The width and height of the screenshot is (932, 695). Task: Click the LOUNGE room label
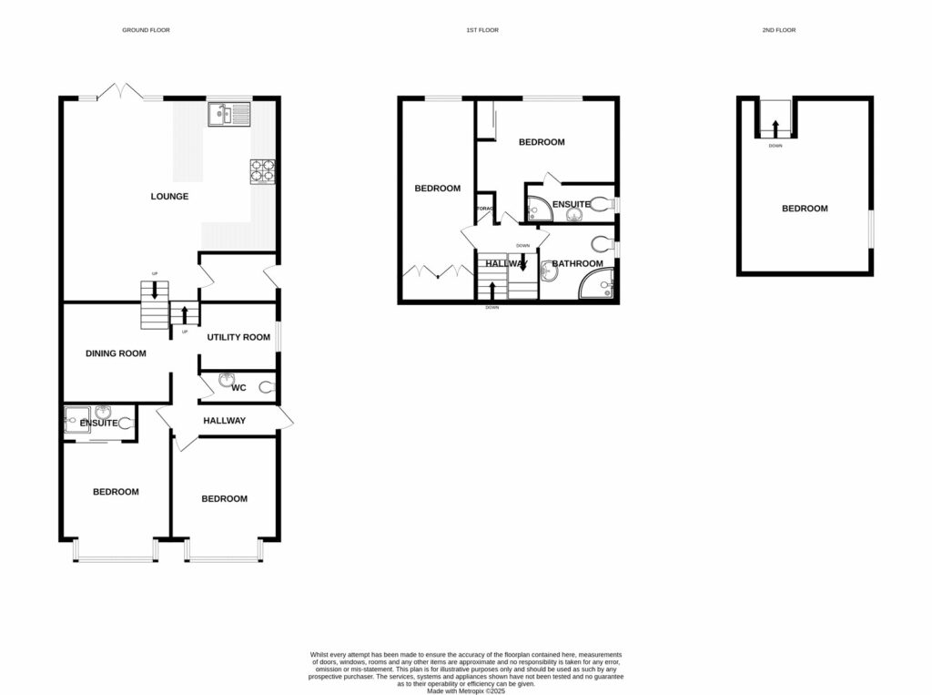point(170,196)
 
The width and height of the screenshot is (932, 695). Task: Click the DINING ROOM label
point(116,353)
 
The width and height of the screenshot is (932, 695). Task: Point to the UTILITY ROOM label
point(238,337)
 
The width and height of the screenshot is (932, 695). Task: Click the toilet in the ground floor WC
point(266,387)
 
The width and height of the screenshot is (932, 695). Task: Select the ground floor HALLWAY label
point(224,421)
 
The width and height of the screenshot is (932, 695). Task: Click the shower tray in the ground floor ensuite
point(77,418)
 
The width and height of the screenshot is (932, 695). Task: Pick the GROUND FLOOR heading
point(147,30)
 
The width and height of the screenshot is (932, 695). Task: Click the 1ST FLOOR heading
point(482,30)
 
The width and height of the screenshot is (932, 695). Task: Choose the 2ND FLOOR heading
point(779,30)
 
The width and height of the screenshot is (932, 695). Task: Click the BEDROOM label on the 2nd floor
point(805,209)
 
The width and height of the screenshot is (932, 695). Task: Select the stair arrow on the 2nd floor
point(775,126)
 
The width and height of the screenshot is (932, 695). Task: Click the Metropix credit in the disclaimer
point(465,690)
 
